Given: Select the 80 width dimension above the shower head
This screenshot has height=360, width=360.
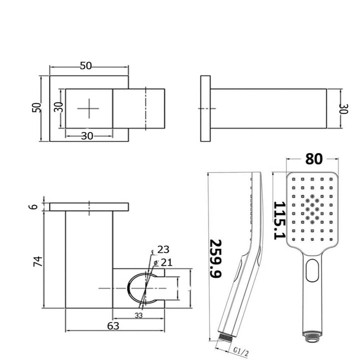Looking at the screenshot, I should coord(313,159).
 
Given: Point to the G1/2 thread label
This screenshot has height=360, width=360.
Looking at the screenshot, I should coord(240,352).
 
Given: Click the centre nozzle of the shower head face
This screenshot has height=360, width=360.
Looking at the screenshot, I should coord(312,203).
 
